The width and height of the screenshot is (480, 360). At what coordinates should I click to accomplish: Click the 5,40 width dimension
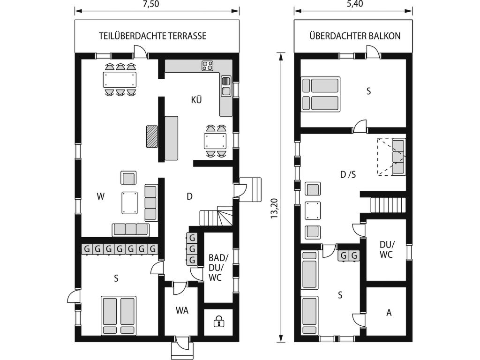click(355, 4)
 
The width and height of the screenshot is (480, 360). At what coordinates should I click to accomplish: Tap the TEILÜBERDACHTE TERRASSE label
click(153, 36)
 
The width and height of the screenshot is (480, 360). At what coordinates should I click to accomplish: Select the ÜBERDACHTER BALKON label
click(355, 36)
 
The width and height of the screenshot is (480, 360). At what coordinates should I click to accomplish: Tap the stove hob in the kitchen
click(207, 66)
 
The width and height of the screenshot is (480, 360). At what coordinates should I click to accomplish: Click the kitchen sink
click(226, 86)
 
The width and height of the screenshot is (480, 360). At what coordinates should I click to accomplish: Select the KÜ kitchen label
click(196, 100)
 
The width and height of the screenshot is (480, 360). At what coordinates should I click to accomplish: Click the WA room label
click(182, 310)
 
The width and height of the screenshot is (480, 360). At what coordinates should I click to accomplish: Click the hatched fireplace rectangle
click(152, 136)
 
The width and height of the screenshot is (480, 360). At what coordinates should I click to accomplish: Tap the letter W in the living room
click(101, 196)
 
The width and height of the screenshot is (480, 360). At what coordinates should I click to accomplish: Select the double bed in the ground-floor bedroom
click(119, 315)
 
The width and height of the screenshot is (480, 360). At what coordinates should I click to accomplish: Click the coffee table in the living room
click(129, 202)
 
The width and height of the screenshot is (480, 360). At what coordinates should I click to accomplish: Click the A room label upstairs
click(389, 313)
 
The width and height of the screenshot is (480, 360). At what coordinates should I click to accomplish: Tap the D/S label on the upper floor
click(348, 174)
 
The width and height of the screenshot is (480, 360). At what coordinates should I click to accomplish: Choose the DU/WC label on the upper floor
click(387, 249)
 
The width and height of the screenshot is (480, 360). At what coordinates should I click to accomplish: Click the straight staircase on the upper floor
click(388, 205)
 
